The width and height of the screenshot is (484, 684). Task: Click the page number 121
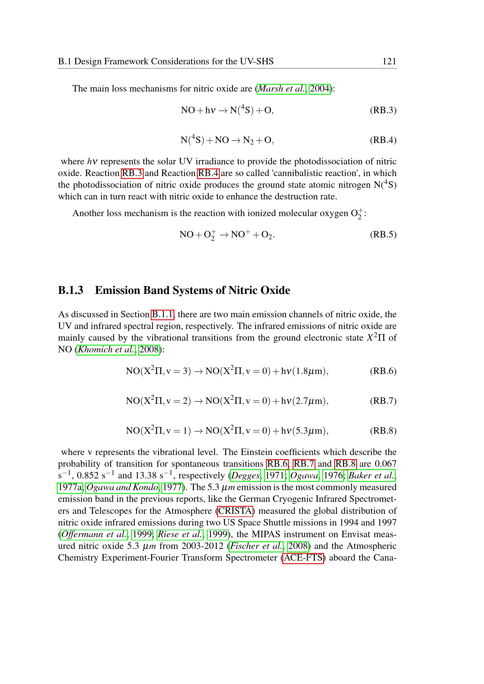tap(389, 61)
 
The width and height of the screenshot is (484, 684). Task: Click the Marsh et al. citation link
tap(281, 89)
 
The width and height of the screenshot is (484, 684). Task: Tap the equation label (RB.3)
tap(383, 110)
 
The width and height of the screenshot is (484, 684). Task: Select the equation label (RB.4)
tap(383, 140)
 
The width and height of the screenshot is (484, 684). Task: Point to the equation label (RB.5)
tap(383, 235)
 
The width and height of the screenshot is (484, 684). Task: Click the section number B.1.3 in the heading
tap(71, 290)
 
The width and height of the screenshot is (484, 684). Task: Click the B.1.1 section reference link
tap(163, 314)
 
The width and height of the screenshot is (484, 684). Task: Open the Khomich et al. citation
tap(106, 349)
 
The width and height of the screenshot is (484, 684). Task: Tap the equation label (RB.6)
tap(383, 371)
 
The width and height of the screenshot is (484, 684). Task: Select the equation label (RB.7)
tap(383, 401)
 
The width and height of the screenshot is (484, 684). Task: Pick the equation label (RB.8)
tap(383, 431)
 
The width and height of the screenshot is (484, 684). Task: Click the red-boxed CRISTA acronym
tap(235, 511)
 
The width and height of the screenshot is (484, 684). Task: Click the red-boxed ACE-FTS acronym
tap(303, 558)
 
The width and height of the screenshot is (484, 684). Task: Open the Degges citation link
tap(246, 475)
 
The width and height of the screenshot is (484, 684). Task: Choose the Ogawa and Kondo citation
tap(122, 487)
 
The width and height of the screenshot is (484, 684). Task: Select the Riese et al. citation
tap(180, 535)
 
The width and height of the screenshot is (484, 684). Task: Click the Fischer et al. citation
tap(256, 546)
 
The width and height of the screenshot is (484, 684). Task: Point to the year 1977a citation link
tap(70, 487)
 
